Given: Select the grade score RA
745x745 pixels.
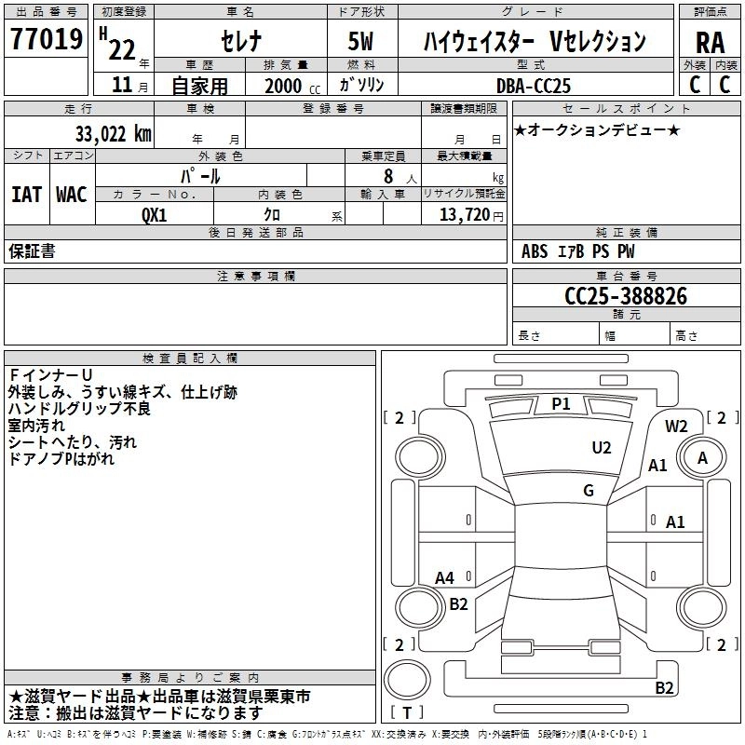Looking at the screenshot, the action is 710,43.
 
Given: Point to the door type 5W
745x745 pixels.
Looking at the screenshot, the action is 362,42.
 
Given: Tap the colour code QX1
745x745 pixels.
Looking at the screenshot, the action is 155,213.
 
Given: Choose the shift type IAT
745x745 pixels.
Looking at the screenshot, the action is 26,194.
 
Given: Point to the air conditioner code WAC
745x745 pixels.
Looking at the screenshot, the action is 71,194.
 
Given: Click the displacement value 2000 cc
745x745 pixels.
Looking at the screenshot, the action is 291,86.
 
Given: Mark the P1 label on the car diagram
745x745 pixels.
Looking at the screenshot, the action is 561,403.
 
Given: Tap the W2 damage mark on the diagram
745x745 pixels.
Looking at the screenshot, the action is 676,427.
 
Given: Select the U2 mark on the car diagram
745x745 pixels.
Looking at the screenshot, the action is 602,448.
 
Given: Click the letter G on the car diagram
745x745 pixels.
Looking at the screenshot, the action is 589,491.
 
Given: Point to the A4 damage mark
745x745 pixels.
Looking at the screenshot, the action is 445,577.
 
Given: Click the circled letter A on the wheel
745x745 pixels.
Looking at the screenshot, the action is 703,457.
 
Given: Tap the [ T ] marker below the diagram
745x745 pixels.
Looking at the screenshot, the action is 407,713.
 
